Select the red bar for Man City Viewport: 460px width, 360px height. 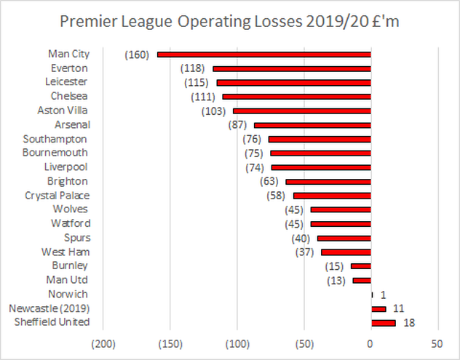pyautogui.click(x=264, y=54)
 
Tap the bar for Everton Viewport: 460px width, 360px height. pyautogui.click(x=292, y=68)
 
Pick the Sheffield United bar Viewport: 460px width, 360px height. pyautogui.click(x=383, y=322)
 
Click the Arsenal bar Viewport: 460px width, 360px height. pyautogui.click(x=312, y=125)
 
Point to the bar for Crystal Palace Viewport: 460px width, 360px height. pyautogui.click(x=332, y=196)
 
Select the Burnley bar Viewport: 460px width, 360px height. pyautogui.click(x=361, y=266)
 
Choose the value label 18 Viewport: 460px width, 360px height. pyautogui.click(x=408, y=322)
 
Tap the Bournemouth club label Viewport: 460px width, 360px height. pyautogui.click(x=55, y=153)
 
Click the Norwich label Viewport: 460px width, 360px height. pyautogui.click(x=68, y=295)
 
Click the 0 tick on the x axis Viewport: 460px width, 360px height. pyautogui.click(x=371, y=343)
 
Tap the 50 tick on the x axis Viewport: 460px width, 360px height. pyautogui.click(x=437, y=343)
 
